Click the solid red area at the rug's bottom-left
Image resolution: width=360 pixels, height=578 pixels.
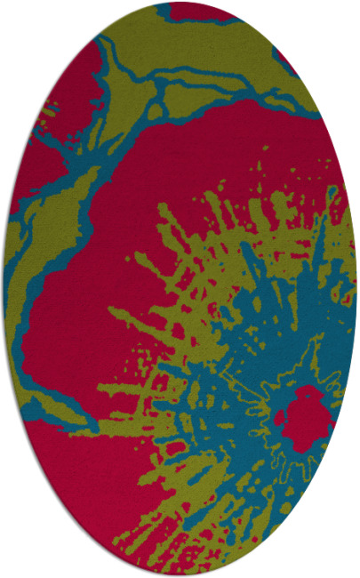(x=80, y=471)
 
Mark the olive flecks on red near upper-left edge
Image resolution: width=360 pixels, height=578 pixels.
(x=49, y=116)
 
